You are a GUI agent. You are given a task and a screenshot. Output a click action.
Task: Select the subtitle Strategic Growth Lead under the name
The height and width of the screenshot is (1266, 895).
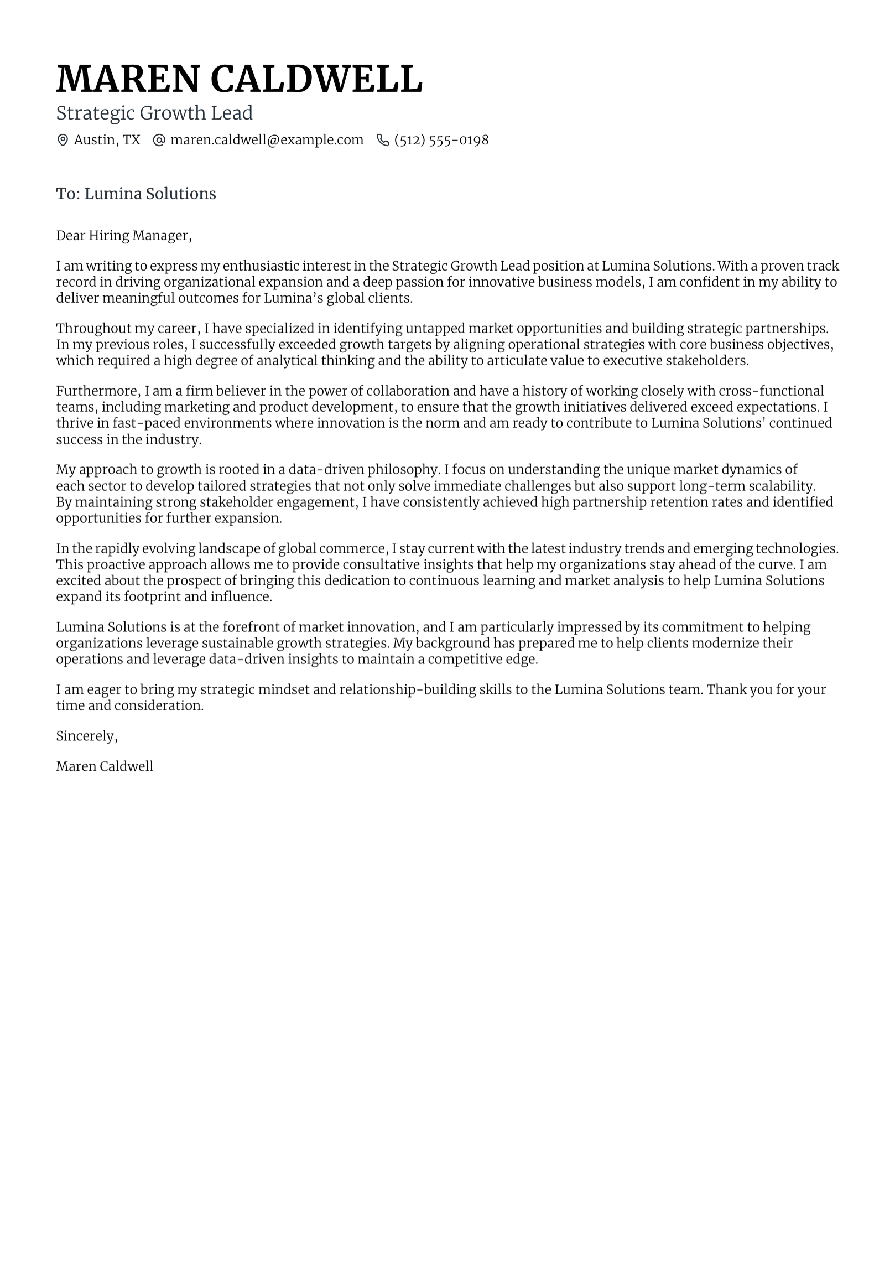[x=154, y=113]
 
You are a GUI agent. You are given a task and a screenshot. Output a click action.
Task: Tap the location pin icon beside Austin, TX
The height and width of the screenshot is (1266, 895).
[x=63, y=140]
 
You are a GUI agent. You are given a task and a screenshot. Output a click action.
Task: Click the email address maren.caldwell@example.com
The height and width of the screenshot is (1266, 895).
[x=267, y=140]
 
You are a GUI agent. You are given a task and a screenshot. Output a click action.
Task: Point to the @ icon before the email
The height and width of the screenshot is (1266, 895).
[x=159, y=140]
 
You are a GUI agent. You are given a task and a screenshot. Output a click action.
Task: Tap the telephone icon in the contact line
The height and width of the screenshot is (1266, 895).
[x=382, y=140]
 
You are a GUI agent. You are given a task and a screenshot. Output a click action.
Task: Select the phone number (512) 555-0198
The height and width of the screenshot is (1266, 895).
[x=441, y=140]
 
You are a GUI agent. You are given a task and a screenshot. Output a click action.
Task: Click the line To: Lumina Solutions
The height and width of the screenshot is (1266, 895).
[x=136, y=194]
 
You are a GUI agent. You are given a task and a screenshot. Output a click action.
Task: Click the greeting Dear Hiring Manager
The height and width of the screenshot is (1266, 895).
[x=123, y=236]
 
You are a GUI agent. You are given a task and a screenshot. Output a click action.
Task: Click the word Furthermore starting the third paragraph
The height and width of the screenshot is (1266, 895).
[x=98, y=391]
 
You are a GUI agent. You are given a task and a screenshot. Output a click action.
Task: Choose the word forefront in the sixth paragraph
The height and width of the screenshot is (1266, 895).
[x=251, y=627]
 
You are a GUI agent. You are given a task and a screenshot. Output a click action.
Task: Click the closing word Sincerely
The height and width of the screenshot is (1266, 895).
[x=86, y=736]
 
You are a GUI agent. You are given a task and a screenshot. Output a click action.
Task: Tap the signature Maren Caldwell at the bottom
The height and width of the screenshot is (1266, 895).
[x=105, y=766]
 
